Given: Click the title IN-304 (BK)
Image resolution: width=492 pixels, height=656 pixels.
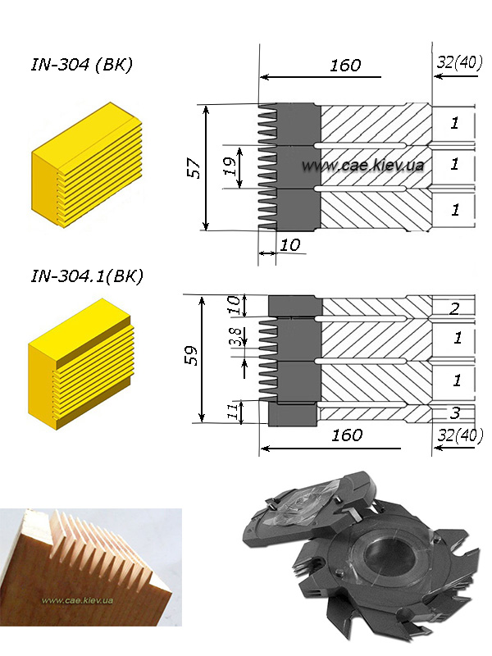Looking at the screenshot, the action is point(82,65).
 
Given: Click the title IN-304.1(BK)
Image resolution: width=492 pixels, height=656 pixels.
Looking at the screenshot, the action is point(87,276).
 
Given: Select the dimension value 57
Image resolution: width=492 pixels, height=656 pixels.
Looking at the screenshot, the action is point(194,168).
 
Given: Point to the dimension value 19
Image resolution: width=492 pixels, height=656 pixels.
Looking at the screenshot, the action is point(230,166).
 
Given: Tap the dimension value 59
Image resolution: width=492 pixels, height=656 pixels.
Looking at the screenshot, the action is point(191,356).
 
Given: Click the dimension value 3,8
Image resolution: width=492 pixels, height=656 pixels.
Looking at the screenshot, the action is point(236,337).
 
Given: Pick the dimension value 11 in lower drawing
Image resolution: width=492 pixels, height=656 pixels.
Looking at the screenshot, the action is point(235,412).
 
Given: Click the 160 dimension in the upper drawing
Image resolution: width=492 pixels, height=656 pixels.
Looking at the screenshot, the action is point(345,66).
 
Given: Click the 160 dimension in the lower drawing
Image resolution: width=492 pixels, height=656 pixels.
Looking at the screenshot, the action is point(347,435).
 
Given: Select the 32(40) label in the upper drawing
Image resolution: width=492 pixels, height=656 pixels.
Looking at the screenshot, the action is point(459,62).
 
